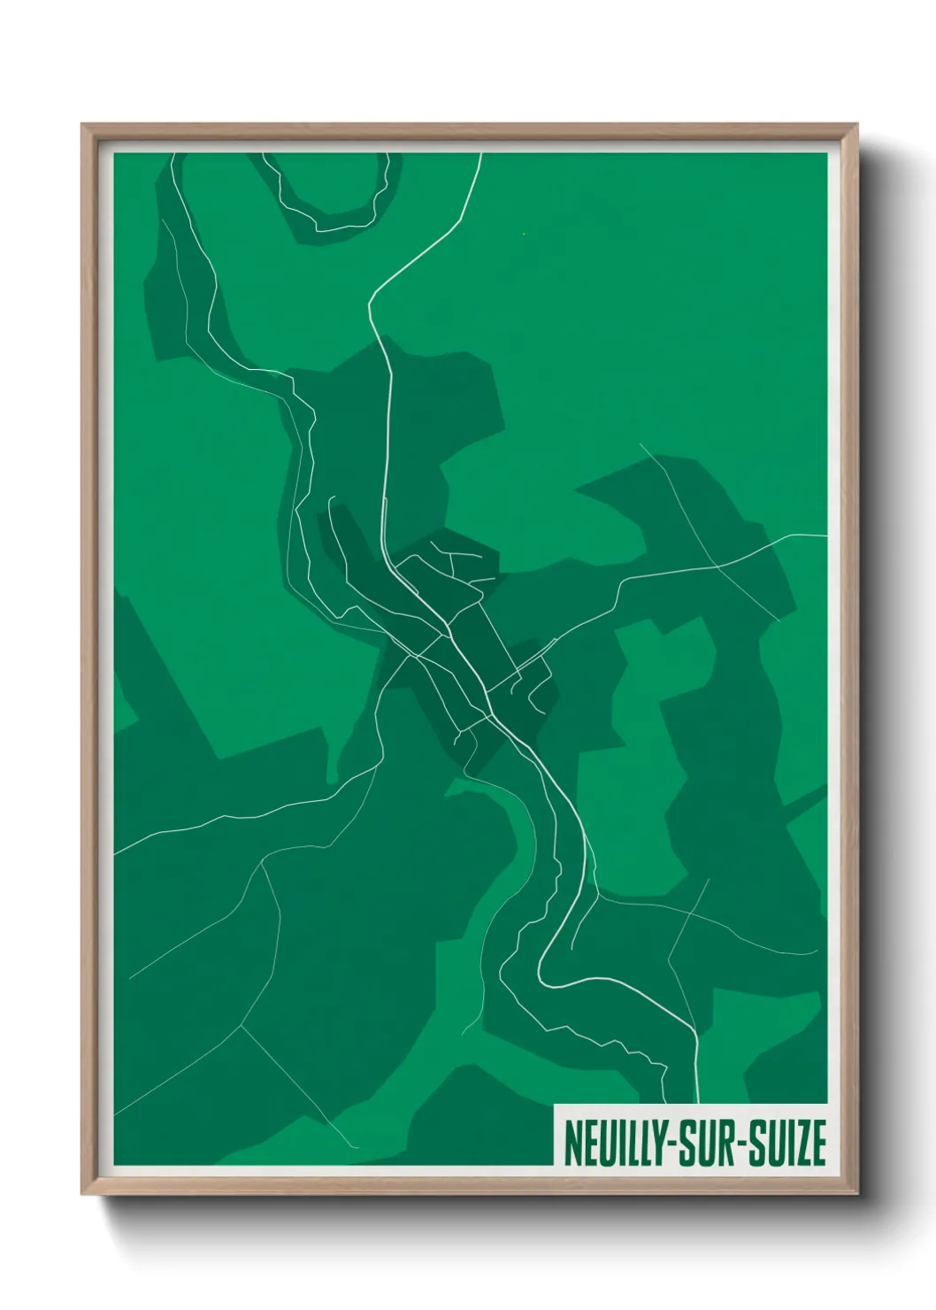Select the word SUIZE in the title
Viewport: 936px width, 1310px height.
pyautogui.click(x=786, y=1144)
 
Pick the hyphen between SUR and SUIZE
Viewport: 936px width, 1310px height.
pyautogui.click(x=740, y=1145)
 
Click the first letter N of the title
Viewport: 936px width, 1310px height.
pyautogui.click(x=571, y=1144)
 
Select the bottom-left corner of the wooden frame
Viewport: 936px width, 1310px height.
pyautogui.click(x=82, y=1194)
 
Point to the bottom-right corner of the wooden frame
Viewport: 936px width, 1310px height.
pyautogui.click(x=857, y=1194)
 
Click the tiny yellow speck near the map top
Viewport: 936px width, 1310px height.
pyautogui.click(x=524, y=234)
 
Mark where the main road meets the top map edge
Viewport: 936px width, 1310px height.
pyautogui.click(x=480, y=155)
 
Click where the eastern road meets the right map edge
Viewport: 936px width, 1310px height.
pyautogui.click(x=825, y=536)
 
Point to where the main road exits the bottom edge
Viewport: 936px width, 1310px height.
pyautogui.click(x=698, y=1102)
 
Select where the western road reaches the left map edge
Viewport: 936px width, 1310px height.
pyautogui.click(x=116, y=852)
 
